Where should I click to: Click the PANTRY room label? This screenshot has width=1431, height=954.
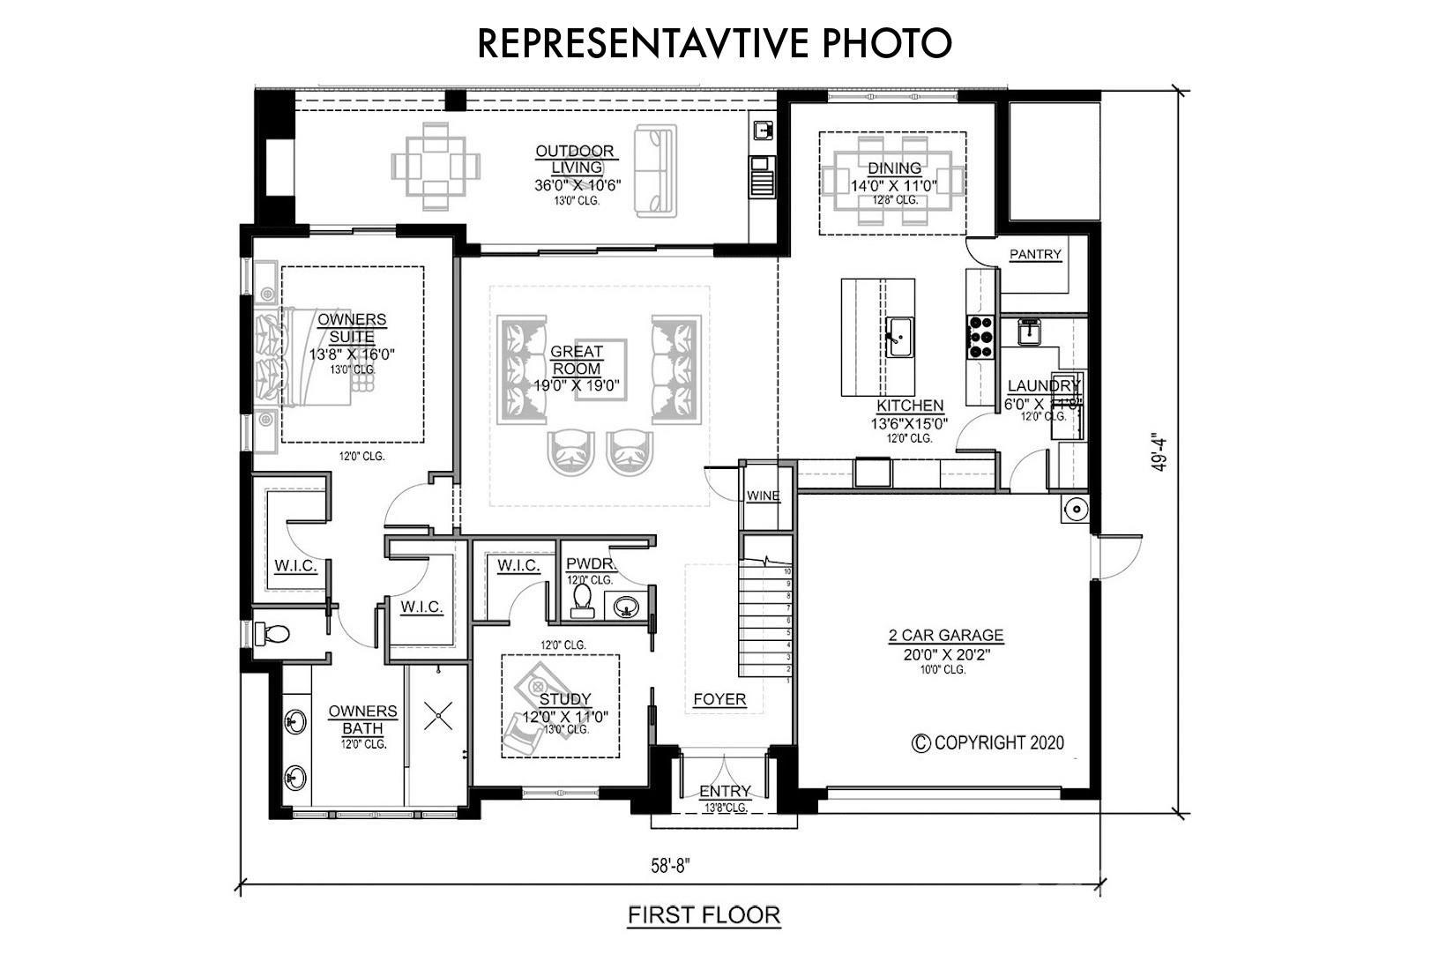click(x=1035, y=255)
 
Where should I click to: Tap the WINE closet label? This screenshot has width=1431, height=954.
click(x=763, y=496)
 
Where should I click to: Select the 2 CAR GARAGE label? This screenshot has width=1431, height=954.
click(x=945, y=635)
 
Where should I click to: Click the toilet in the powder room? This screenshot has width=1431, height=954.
click(x=582, y=600)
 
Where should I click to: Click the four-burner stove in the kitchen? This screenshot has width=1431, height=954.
click(x=980, y=336)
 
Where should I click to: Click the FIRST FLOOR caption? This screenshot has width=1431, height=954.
click(x=704, y=915)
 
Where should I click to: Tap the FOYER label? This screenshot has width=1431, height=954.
click(x=719, y=699)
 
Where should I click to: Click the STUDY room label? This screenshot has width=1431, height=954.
click(x=565, y=700)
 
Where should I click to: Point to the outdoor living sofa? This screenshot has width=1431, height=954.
click(x=655, y=171)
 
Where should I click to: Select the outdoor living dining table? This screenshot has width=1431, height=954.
click(x=436, y=166)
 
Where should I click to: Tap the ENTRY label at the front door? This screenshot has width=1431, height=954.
click(x=725, y=791)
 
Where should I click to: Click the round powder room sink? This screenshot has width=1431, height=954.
click(x=626, y=607)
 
